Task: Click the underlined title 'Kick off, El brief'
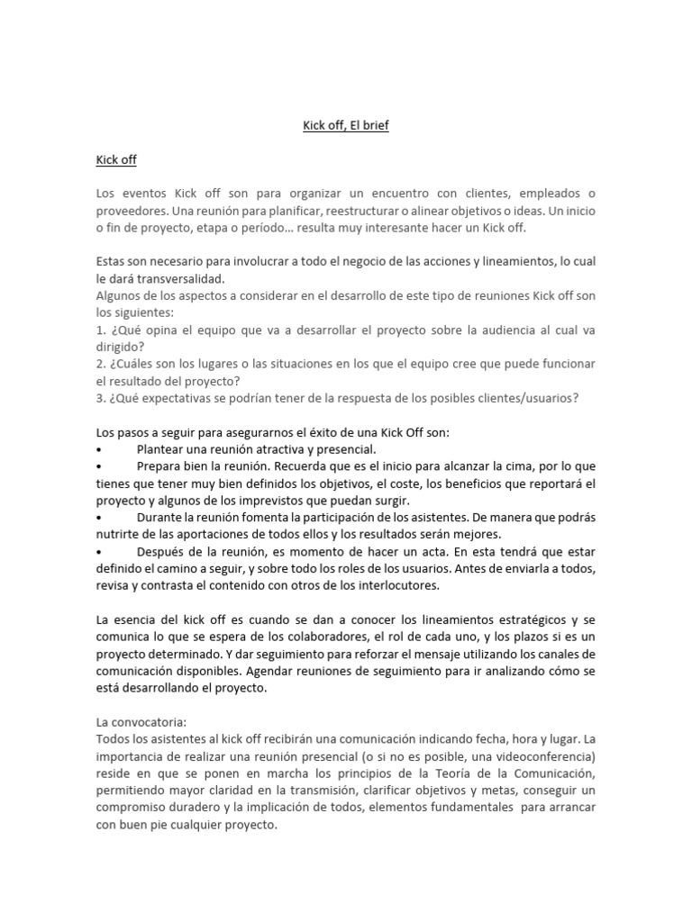(x=345, y=126)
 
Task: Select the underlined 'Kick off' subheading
(x=116, y=160)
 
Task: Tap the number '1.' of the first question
(x=101, y=330)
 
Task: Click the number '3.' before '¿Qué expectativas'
(x=101, y=398)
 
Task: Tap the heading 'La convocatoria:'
(x=139, y=721)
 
